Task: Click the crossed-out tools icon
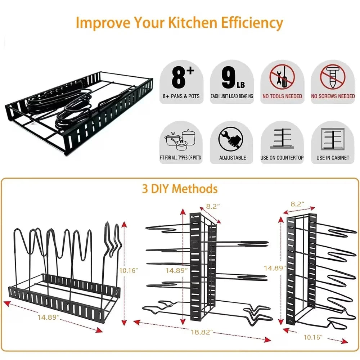coord(282,78)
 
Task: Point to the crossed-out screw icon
coord(333,78)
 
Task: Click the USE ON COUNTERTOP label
coord(282,158)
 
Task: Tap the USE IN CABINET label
coord(333,158)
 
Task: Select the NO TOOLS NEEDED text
coord(282,96)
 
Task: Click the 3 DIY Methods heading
coord(180,189)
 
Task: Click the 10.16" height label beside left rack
coord(128,270)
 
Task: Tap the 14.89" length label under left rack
coord(48,317)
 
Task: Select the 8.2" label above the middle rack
coord(213,207)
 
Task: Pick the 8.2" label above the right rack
coord(297,204)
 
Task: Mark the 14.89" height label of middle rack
coord(176,270)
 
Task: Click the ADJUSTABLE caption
coord(233,158)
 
